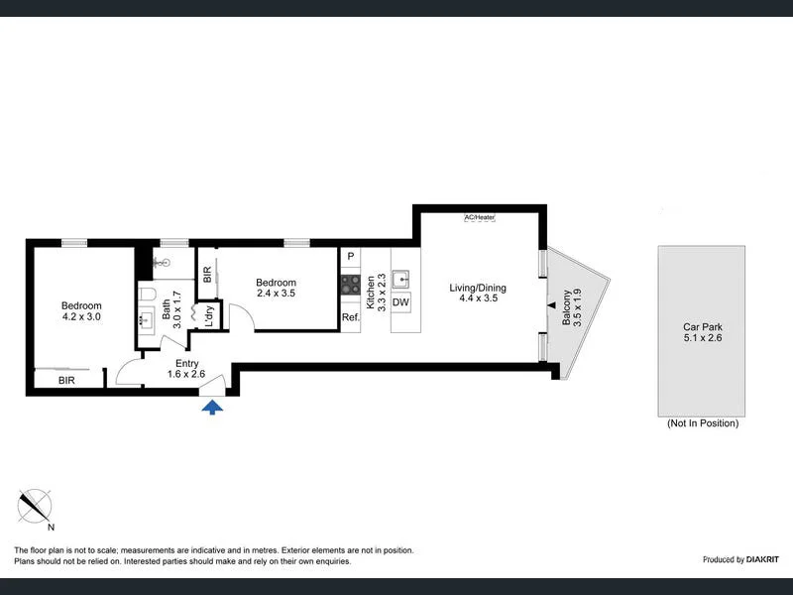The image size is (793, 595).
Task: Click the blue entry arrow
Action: pyautogui.click(x=212, y=408)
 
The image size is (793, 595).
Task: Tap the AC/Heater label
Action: pyautogui.click(x=479, y=217)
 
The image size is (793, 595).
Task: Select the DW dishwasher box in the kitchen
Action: pyautogui.click(x=400, y=302)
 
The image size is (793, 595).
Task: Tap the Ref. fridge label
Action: pyautogui.click(x=350, y=317)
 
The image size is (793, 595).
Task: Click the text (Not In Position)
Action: pyautogui.click(x=703, y=423)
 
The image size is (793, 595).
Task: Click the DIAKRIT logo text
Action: pyautogui.click(x=751, y=560)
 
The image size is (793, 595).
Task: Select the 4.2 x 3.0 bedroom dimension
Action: pyautogui.click(x=81, y=317)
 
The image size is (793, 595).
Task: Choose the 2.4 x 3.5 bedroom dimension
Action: pyautogui.click(x=276, y=294)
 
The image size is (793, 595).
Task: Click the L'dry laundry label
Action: pyautogui.click(x=209, y=314)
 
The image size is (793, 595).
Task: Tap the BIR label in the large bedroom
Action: pyautogui.click(x=66, y=380)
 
